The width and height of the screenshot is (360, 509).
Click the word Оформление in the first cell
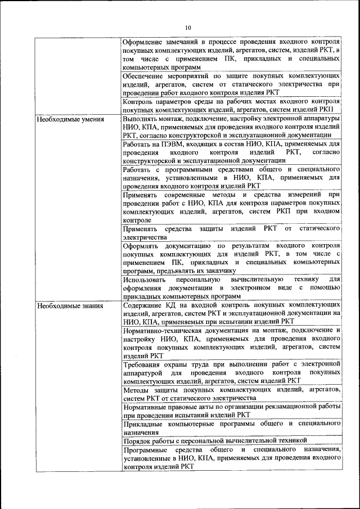pyautogui.click(x=144, y=42)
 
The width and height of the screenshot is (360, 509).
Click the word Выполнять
pyautogui.click(x=141, y=119)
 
